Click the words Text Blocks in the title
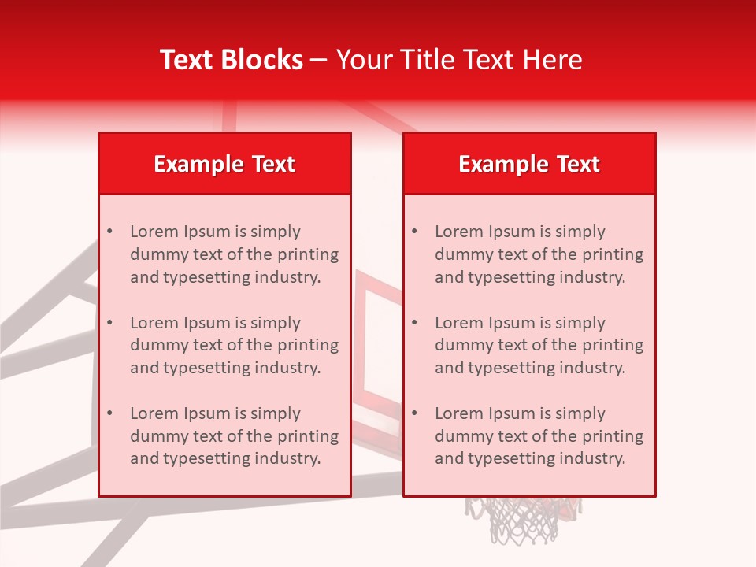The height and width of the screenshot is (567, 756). pos(232,60)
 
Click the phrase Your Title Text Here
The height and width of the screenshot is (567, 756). pos(459,60)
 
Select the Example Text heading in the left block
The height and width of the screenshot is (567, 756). pos(224,164)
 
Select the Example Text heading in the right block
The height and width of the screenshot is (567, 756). pos(529,164)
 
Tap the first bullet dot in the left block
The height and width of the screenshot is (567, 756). pos(109,232)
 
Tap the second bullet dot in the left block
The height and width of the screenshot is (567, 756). pos(109,323)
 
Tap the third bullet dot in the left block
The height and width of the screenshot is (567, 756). pos(109,413)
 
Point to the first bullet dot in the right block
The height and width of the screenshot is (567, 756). pos(414,232)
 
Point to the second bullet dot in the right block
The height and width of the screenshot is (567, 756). pos(414,323)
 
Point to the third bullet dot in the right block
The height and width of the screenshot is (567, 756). pos(414,413)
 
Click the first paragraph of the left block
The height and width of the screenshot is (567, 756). pos(234,254)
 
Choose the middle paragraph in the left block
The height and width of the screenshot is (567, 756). pos(234,345)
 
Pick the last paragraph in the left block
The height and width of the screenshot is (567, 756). pos(234,436)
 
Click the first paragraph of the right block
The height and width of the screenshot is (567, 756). pos(539,254)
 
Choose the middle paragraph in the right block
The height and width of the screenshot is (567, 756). pos(539,345)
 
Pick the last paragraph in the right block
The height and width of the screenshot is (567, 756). pos(539,436)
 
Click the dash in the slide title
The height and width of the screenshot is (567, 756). pos(320,60)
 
